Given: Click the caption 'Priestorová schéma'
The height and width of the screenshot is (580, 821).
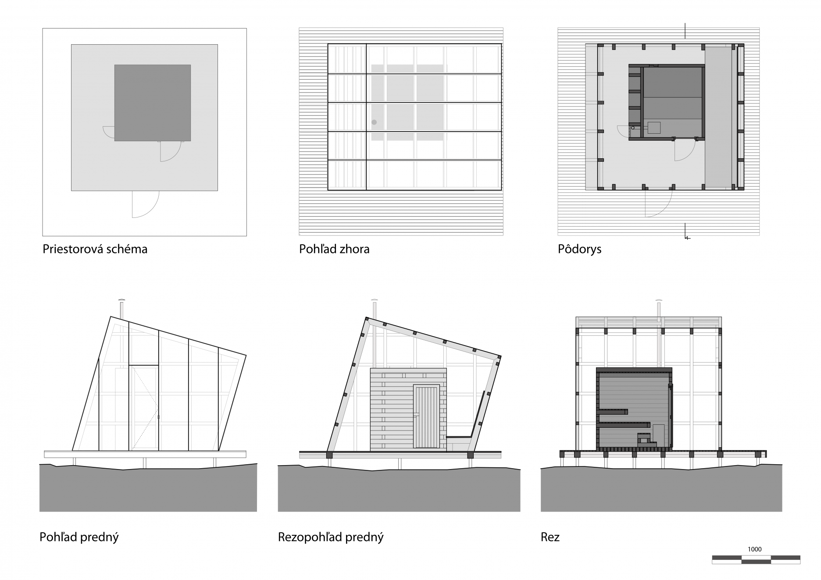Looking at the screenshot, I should (95, 249).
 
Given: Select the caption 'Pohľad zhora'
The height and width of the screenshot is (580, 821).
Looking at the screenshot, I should (334, 249).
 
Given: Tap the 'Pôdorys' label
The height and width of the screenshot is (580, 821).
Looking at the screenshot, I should (579, 249).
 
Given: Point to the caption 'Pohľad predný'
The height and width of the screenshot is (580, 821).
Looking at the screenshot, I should (79, 537).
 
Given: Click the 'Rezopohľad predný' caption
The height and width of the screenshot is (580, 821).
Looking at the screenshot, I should (331, 537).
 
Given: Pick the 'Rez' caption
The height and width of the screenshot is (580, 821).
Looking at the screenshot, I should (550, 537).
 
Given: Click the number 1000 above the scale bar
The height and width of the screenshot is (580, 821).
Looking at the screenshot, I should (754, 549).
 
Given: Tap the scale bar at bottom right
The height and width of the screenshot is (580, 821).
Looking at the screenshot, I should (756, 559).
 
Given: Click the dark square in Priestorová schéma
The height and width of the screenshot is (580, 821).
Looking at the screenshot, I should (152, 103).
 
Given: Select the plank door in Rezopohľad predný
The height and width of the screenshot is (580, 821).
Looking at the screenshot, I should (427, 416).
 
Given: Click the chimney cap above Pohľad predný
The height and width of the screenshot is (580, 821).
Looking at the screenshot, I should (122, 300).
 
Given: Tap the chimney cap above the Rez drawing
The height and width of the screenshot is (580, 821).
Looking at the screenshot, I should (658, 301).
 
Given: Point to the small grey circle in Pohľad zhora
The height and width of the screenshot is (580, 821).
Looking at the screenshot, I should (374, 122).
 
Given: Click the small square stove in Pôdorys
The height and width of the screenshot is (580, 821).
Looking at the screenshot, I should (654, 127).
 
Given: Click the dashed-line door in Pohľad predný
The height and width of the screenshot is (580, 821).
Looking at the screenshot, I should (144, 408).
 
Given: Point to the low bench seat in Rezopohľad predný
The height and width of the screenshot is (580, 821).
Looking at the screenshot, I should (458, 438).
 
